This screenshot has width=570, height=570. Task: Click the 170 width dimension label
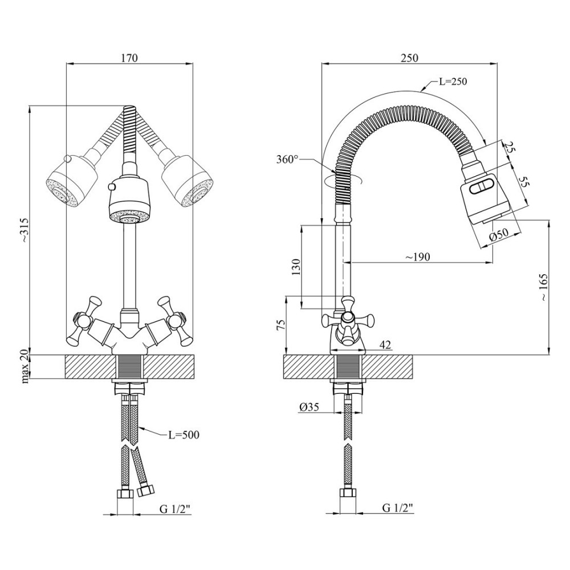129,58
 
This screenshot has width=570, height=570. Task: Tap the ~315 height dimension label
23,230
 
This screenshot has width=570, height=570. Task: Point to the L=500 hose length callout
184,434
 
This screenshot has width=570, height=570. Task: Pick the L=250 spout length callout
453,82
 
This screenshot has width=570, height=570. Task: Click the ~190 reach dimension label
418,257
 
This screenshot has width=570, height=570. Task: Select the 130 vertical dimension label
296,267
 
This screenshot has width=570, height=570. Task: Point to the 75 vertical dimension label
280,325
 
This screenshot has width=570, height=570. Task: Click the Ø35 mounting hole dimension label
309,407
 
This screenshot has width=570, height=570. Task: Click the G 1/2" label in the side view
398,508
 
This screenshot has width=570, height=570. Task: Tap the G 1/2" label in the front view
175,509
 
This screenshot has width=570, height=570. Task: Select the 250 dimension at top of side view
409,58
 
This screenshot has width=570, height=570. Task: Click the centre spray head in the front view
129,201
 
